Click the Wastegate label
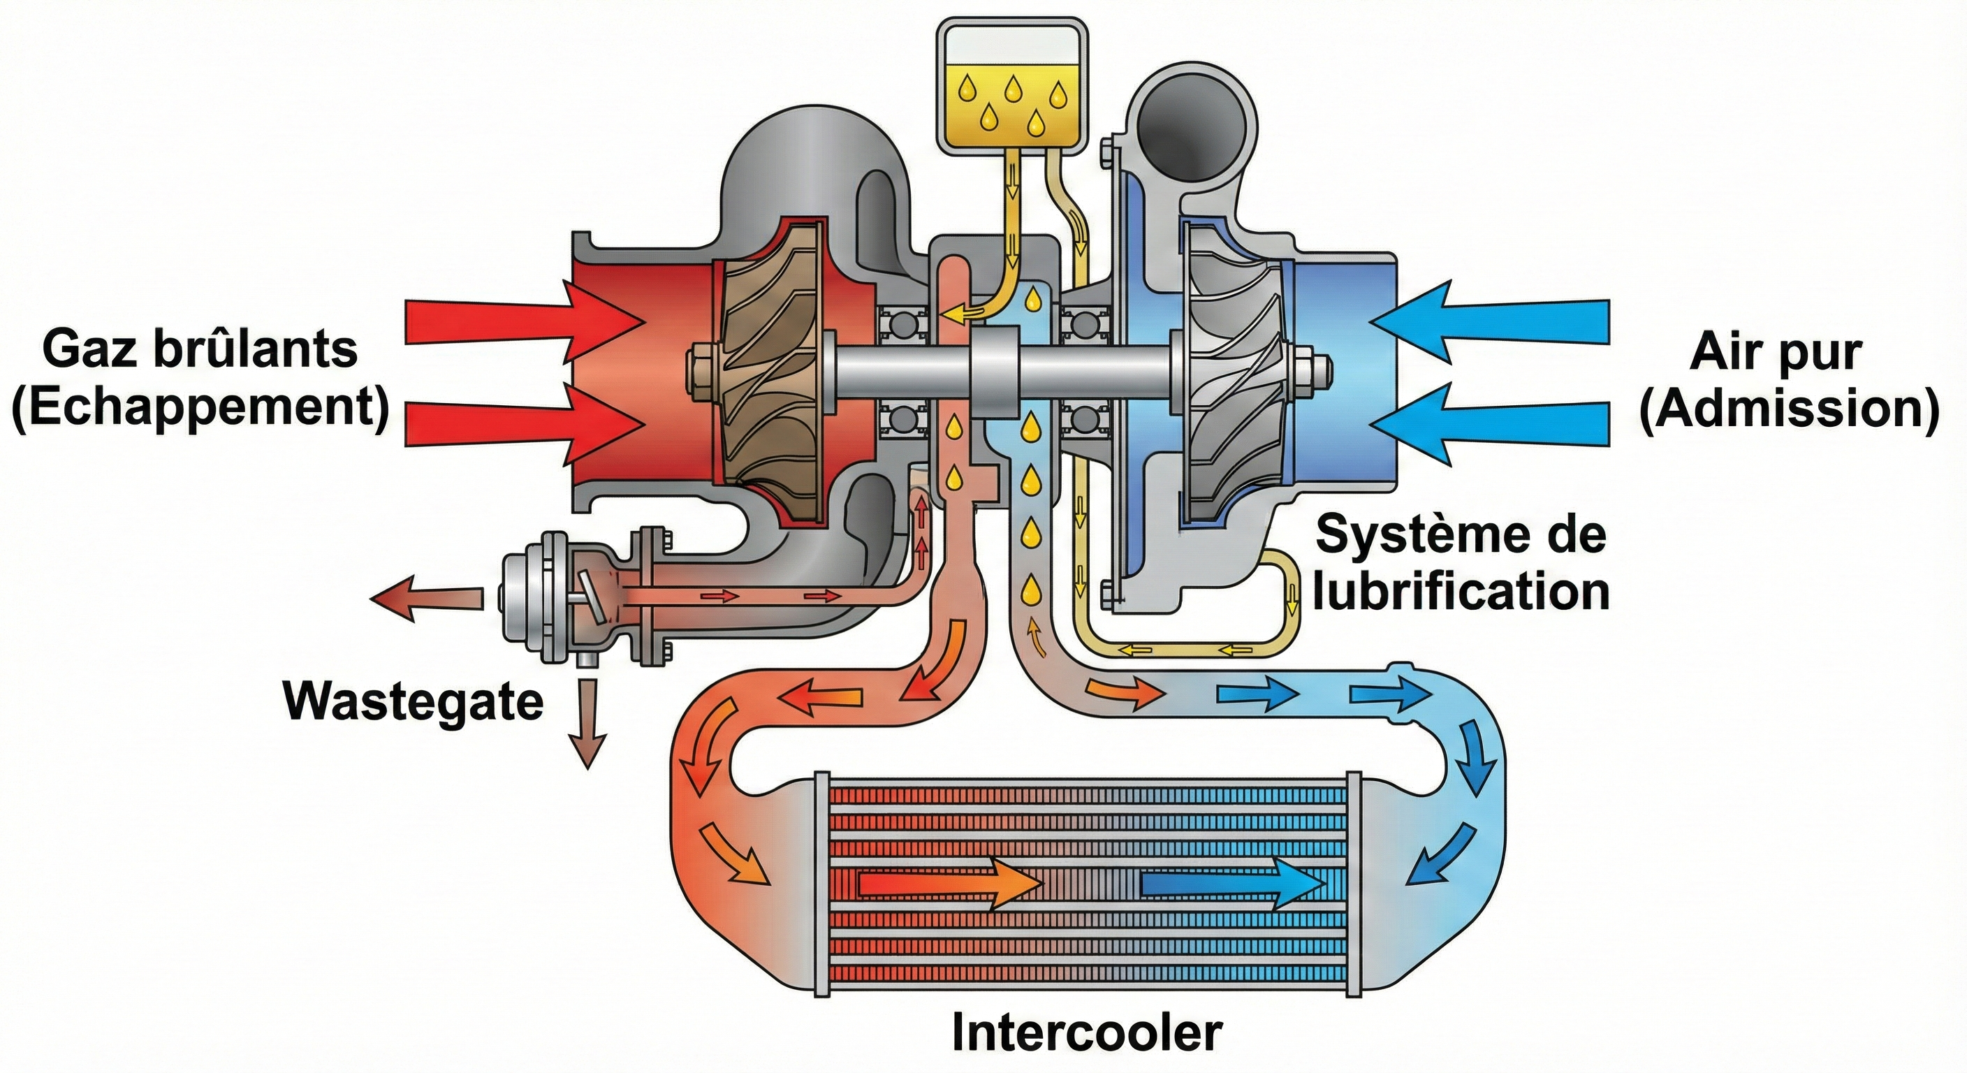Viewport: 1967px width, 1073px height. pyautogui.click(x=413, y=701)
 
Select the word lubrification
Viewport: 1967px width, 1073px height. pyautogui.click(x=1461, y=592)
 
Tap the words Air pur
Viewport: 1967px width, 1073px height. pyautogui.click(x=1776, y=353)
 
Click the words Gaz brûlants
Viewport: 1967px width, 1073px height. pyautogui.click(x=200, y=350)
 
